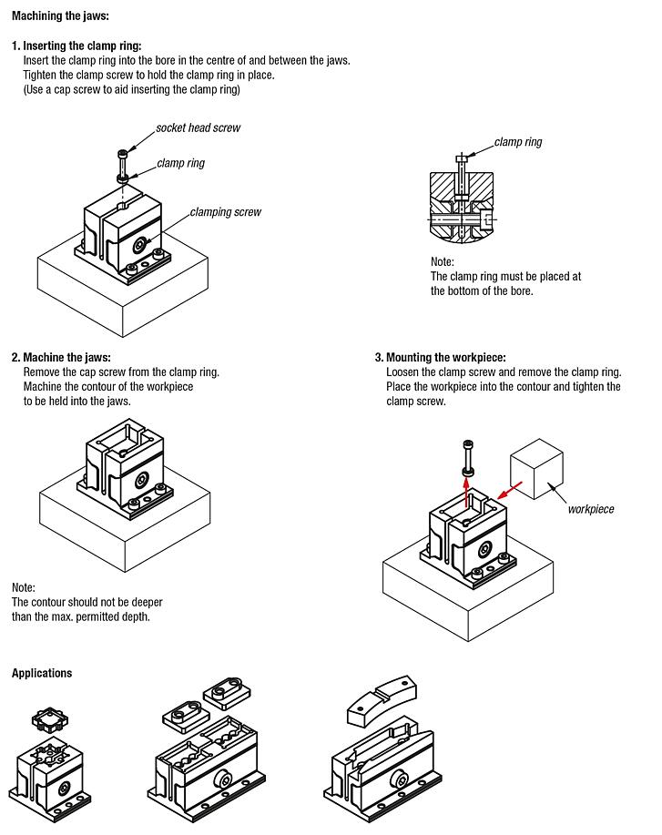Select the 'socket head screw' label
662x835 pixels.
pos(198,127)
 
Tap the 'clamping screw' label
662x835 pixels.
pos(225,212)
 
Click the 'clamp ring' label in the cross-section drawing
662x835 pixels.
pos(518,142)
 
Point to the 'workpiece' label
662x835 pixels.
pos(591,509)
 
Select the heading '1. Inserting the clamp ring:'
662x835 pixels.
pos(76,46)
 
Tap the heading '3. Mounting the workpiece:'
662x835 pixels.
pos(440,358)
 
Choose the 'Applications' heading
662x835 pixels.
pos(41,673)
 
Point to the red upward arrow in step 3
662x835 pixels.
pos(468,492)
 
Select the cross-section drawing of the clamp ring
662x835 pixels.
pos(464,202)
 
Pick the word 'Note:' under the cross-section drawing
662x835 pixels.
pos(443,261)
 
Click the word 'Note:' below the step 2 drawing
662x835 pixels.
pos(24,587)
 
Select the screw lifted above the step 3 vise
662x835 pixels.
pos(468,454)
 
